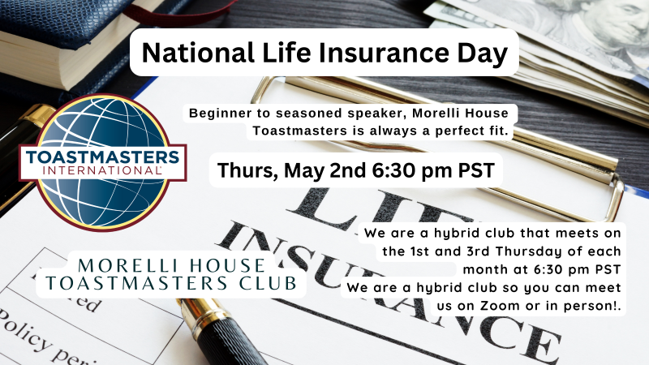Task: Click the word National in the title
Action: point(198,53)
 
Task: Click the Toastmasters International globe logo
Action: point(103,163)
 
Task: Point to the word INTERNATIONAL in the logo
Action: point(102,170)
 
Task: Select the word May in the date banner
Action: point(303,171)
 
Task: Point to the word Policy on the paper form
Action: point(25,332)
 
